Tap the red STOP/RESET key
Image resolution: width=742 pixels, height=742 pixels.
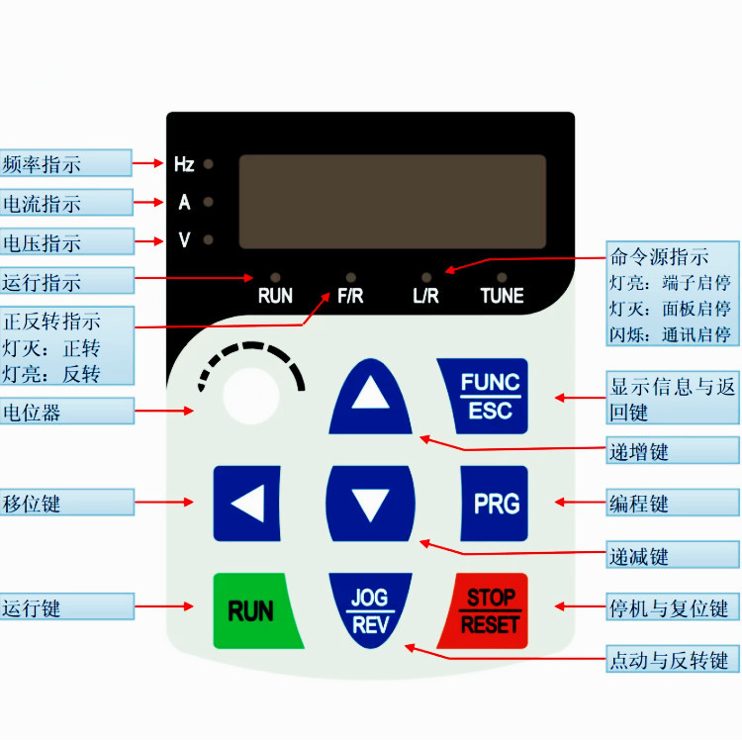pos(493,609)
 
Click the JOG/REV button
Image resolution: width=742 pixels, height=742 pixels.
pos(370,610)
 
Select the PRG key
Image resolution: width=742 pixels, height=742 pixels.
pos(495,504)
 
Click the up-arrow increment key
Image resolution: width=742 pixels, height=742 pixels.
pos(371,397)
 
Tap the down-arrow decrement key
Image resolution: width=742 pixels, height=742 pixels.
pos(371,506)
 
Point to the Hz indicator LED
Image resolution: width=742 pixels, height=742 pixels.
pos(209,164)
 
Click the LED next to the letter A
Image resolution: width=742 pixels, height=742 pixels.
pos(209,203)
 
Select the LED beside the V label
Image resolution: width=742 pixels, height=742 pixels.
pos(209,239)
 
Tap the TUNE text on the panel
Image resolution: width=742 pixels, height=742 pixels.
pos(502,296)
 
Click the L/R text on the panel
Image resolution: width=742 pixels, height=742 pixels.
pos(425,296)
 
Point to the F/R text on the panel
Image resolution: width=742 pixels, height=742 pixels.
pos(350,296)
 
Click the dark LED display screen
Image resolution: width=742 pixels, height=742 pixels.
pos(392,202)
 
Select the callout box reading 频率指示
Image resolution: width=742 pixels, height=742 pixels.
pos(65,163)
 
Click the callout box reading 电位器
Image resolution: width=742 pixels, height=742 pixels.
pos(65,411)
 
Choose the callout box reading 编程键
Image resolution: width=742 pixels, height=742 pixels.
pos(672,503)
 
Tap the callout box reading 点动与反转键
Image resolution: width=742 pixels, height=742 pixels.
pos(672,659)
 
